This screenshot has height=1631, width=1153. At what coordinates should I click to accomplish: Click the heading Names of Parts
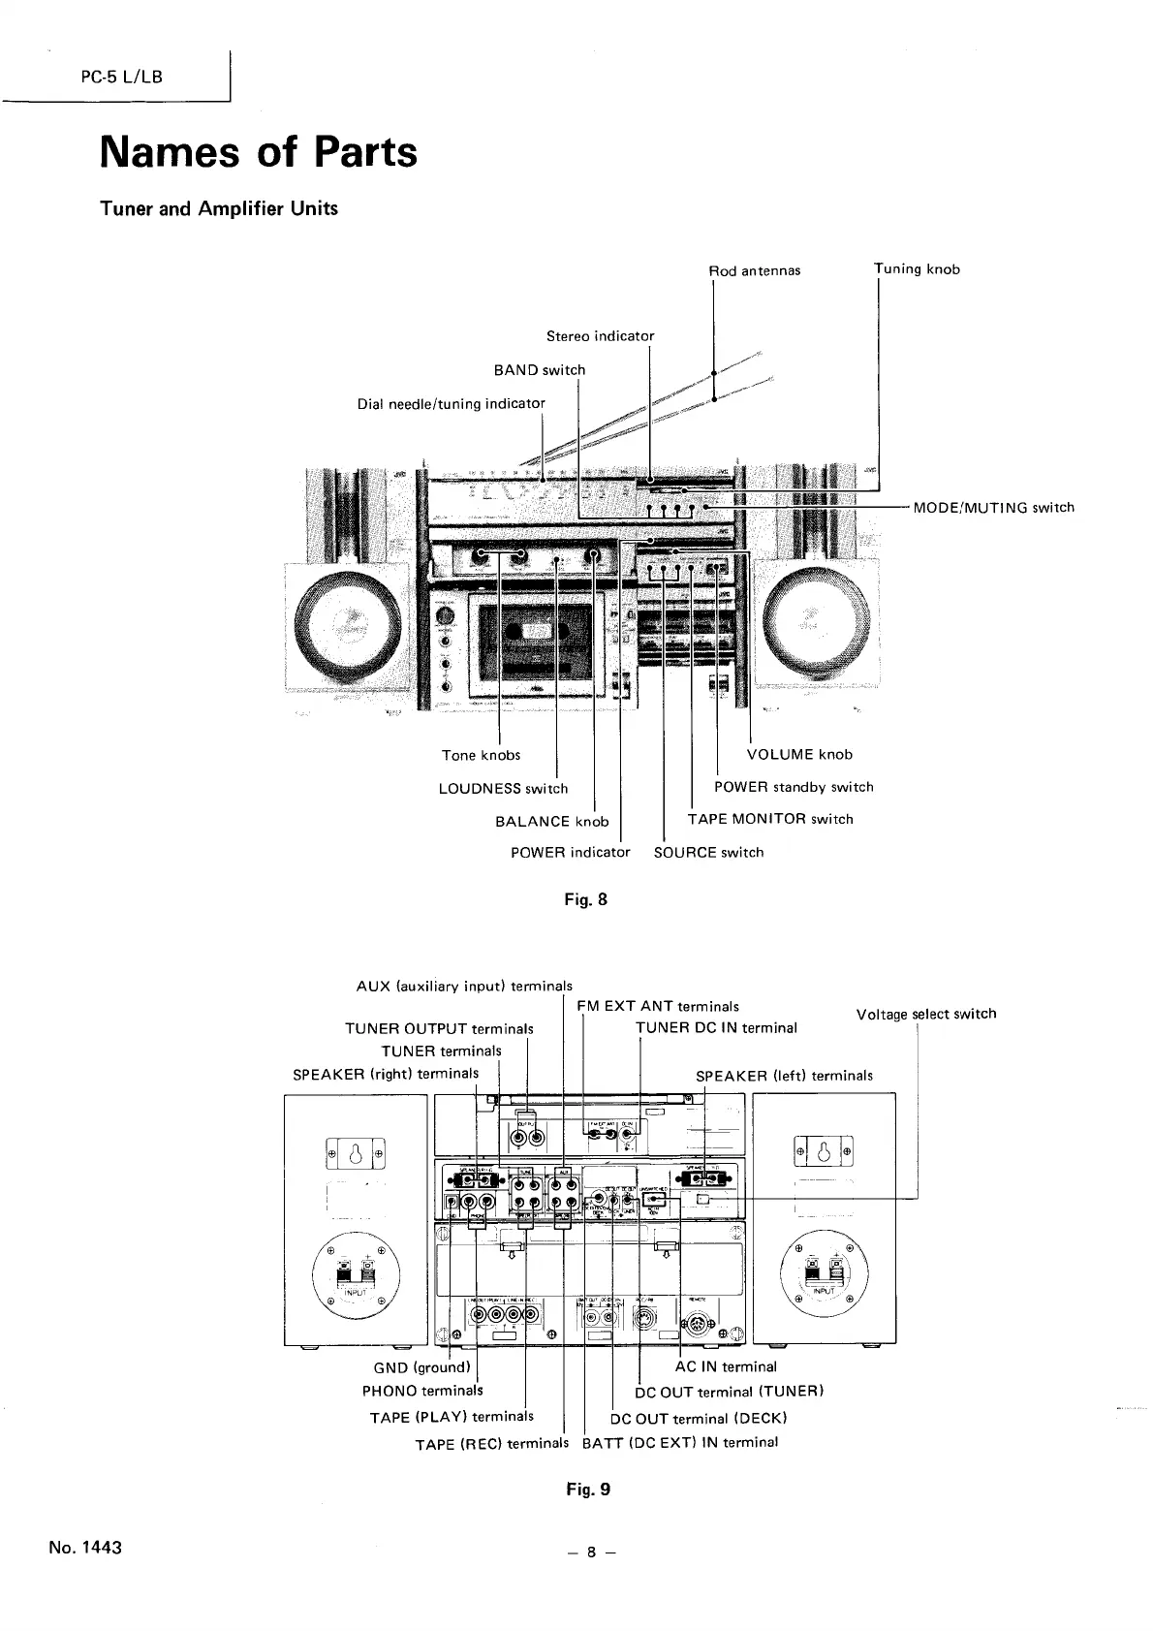[x=259, y=152]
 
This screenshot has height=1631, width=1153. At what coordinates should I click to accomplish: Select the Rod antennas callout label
[x=756, y=270]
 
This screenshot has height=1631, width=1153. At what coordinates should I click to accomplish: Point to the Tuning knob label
[x=918, y=268]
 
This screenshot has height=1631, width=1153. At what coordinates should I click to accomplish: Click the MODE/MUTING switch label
[x=994, y=507]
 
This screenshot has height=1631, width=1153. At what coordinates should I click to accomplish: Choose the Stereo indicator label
[x=600, y=336]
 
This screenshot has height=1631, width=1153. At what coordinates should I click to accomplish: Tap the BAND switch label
[x=540, y=369]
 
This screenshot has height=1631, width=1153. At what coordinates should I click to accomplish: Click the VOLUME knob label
[x=799, y=754]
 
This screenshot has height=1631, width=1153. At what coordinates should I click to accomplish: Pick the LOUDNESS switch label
[x=503, y=788]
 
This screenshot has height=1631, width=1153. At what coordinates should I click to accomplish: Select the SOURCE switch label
[x=709, y=852]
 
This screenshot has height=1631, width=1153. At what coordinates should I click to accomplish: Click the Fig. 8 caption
[x=586, y=899]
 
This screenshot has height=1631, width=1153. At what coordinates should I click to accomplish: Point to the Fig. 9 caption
[x=588, y=1490]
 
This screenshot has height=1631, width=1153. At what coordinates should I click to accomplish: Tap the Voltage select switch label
[x=926, y=1014]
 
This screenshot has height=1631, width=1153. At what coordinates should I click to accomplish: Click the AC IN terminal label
[x=726, y=1366]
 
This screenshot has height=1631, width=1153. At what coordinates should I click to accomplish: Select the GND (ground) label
[x=421, y=1367]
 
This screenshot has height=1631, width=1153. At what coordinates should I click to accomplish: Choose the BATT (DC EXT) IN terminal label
[x=680, y=1442]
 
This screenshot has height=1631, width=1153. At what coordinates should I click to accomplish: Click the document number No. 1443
[x=85, y=1547]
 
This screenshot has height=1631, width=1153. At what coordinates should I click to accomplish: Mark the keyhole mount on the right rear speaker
[x=824, y=1153]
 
